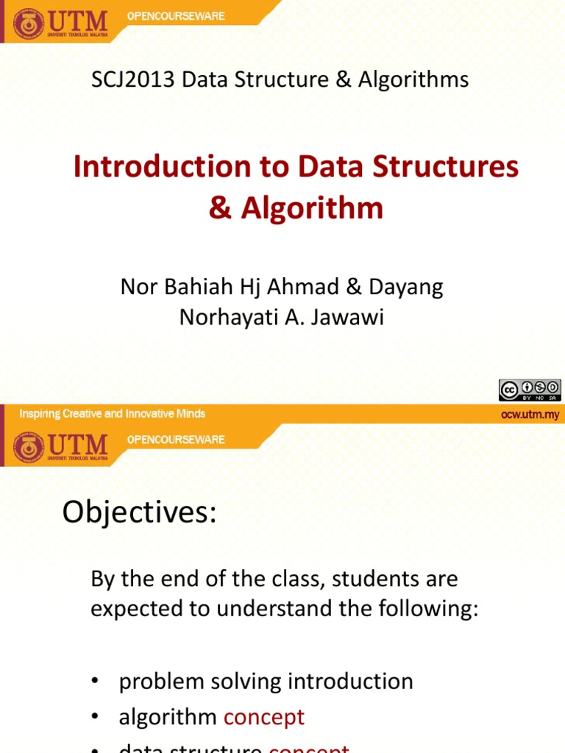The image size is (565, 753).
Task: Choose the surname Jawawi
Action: pyautogui.click(x=355, y=318)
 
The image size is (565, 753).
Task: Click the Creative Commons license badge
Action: pyautogui.click(x=529, y=390)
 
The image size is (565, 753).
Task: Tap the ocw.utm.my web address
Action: pyautogui.click(x=530, y=415)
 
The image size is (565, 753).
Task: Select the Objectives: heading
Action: pyautogui.click(x=139, y=512)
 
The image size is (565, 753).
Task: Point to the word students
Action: pyautogui.click(x=369, y=579)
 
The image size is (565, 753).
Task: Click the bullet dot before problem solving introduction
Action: pyautogui.click(x=94, y=682)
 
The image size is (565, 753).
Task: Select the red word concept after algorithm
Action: pyautogui.click(x=263, y=718)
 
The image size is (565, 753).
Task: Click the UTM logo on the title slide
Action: pyautogui.click(x=60, y=24)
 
